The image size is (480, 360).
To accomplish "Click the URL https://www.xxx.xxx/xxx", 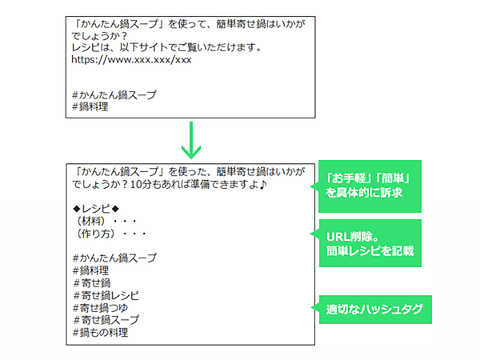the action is [x=131, y=59].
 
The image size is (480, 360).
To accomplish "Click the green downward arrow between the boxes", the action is [x=191, y=140].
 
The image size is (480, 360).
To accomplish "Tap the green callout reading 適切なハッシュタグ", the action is [x=372, y=309].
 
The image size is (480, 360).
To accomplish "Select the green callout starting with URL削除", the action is [x=366, y=243].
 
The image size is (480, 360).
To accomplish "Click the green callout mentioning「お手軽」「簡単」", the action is [x=366, y=186].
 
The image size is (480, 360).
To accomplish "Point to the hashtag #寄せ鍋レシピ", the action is [x=106, y=295].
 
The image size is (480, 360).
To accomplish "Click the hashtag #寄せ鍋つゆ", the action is [x=101, y=308].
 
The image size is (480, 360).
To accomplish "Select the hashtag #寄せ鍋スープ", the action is [x=106, y=320].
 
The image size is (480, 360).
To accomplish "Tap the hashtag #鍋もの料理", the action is [x=101, y=333].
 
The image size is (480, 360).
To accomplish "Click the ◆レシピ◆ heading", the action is [x=96, y=209].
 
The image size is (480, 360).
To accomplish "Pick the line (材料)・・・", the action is [x=106, y=221].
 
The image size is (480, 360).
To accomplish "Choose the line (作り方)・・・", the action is [x=111, y=234].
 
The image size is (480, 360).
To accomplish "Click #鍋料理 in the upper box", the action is [x=90, y=107].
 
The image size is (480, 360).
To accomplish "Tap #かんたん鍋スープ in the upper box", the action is [x=114, y=95].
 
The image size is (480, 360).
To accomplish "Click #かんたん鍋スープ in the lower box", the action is [x=114, y=258].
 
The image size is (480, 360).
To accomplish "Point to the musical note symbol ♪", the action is [x=263, y=185].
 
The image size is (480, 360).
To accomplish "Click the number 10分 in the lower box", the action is [x=141, y=185].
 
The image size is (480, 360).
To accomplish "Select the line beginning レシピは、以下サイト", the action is [x=166, y=47].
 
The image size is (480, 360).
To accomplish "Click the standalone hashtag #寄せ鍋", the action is [x=91, y=283].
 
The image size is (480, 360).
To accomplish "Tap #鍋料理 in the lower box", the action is [x=91, y=270].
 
